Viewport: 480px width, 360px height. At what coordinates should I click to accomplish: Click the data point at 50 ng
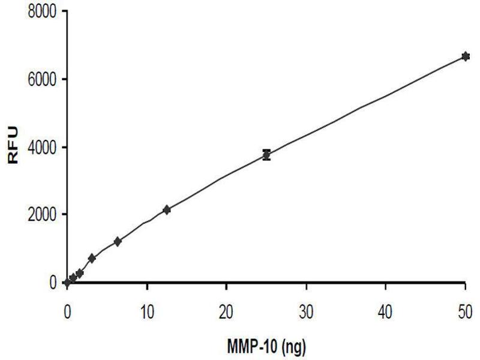tap(465, 56)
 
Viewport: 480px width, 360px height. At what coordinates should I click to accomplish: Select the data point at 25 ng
tap(266, 155)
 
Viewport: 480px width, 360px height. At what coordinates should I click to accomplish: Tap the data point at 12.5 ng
tap(167, 209)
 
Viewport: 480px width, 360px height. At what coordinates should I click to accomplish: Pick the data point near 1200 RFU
tap(118, 241)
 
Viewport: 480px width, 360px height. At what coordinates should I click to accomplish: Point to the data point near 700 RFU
tap(92, 258)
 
